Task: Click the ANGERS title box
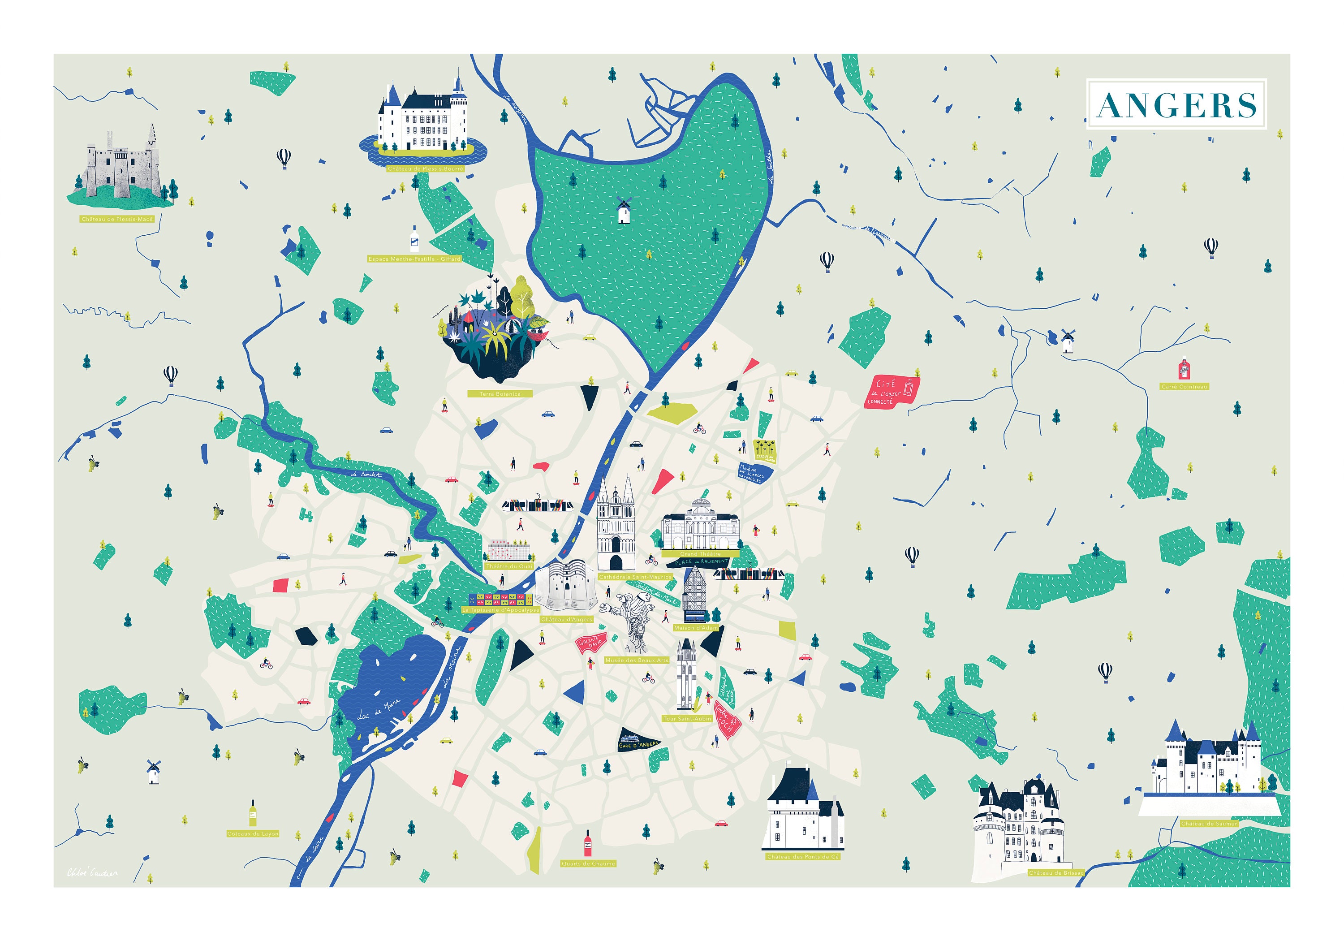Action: click(1176, 104)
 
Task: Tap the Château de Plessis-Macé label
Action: click(117, 219)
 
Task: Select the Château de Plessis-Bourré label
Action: click(425, 168)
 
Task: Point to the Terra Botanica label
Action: click(500, 394)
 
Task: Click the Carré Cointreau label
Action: click(1184, 386)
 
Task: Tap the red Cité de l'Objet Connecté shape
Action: click(892, 392)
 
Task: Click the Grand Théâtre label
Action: click(700, 553)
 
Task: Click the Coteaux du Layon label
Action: click(253, 833)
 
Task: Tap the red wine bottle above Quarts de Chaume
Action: click(588, 843)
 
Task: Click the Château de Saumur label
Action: click(1209, 823)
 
